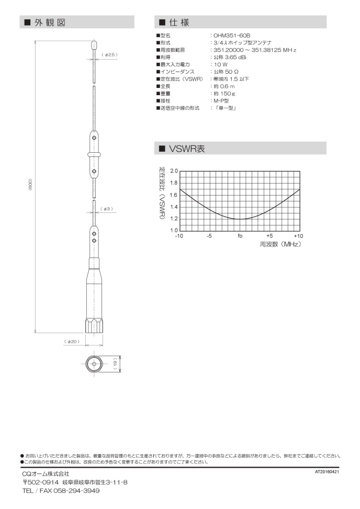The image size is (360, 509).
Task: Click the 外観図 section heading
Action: click(x=50, y=22)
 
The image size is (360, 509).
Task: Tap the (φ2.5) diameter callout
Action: click(x=110, y=54)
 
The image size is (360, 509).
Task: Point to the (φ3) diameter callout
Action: click(x=107, y=209)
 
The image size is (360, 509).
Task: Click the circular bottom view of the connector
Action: click(x=94, y=363)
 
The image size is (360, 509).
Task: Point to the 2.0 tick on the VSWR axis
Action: click(x=174, y=171)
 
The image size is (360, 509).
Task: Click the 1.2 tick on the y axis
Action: click(x=174, y=219)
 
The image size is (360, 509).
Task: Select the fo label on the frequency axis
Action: click(x=240, y=236)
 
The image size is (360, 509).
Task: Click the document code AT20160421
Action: click(x=327, y=471)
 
